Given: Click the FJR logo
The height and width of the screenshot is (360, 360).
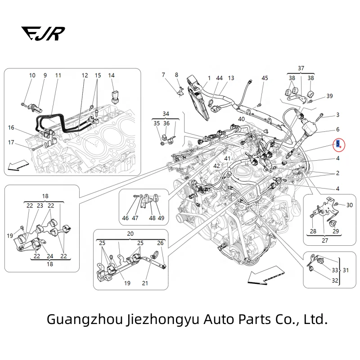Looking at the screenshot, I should [x=43, y=34].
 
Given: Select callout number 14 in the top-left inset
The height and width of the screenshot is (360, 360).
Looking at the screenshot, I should [x=111, y=76].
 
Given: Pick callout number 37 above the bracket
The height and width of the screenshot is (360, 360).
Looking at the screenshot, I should [x=301, y=68].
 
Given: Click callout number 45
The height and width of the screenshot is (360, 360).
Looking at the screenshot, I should [x=265, y=78].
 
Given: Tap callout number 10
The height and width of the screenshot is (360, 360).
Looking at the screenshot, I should [x=32, y=76].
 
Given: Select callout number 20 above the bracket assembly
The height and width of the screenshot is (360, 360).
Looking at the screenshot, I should [x=130, y=234].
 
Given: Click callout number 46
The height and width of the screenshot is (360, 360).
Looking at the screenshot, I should [x=125, y=218].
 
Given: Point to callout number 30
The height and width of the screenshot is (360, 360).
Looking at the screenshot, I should [x=349, y=205].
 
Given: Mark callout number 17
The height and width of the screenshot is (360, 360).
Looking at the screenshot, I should [x=11, y=143].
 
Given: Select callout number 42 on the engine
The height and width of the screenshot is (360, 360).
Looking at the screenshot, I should [x=216, y=166].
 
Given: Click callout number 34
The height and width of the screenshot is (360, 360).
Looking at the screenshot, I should [x=166, y=113].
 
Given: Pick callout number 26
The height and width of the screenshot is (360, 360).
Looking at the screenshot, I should [x=160, y=243].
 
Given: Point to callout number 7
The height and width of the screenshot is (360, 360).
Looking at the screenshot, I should [x=163, y=75].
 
